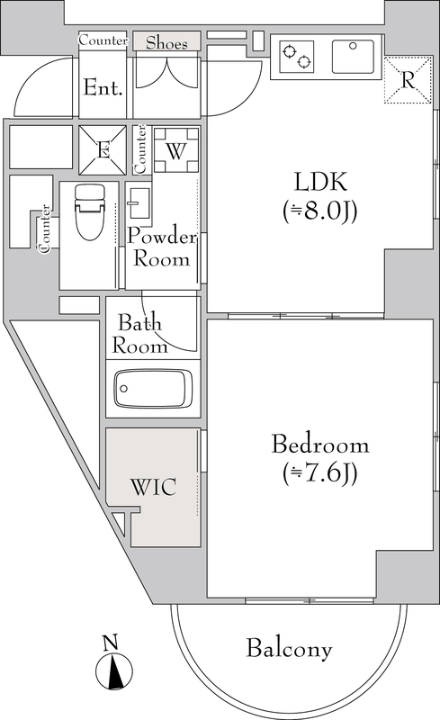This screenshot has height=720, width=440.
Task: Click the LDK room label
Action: point(320,182)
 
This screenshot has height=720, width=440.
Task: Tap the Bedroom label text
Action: point(320,445)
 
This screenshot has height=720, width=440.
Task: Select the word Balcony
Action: point(289,649)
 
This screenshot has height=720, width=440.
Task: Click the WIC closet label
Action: point(153,487)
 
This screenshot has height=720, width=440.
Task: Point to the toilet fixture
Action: point(90,211)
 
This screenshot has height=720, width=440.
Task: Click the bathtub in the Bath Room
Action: point(153,388)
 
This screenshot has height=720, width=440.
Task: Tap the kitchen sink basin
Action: point(353,57)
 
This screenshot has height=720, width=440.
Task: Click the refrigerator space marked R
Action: point(408,80)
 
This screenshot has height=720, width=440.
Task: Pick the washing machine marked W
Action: point(176,150)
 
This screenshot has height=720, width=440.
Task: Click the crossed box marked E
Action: point(103,150)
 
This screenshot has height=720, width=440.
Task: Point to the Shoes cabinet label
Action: point(166,42)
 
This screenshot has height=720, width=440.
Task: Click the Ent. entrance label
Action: point(103,87)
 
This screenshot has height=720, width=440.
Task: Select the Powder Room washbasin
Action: point(139,202)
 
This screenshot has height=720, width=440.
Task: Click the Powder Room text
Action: point(162,248)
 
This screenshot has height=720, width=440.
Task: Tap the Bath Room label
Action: point(139,334)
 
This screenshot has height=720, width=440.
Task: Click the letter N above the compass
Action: point(110,643)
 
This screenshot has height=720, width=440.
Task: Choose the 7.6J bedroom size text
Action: point(320,473)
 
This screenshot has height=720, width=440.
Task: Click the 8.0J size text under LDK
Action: point(320,211)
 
